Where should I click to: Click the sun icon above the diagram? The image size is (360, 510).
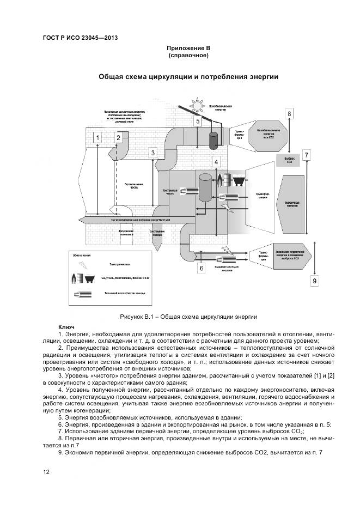coord(195,104)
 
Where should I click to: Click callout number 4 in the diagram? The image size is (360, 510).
coord(216,162)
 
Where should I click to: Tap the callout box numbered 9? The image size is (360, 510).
coord(314,280)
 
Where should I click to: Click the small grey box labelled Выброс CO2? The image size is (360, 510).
coord(289,161)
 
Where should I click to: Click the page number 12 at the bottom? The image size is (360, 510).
coord(46,472)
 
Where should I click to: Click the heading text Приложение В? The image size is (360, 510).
coord(188,48)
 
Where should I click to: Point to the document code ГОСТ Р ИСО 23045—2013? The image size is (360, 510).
coord(80,38)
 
